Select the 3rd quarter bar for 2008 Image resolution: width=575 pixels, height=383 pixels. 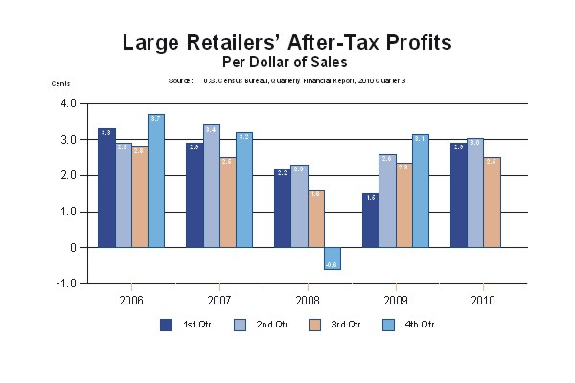point(315,218)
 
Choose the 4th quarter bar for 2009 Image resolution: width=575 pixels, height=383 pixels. point(421,191)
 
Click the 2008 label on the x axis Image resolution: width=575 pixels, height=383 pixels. point(307,300)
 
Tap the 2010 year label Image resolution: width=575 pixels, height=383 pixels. point(483,300)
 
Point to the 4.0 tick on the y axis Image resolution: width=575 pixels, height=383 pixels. point(68,103)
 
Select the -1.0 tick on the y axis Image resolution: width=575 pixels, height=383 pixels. point(67,283)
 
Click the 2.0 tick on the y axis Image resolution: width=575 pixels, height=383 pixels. point(68,175)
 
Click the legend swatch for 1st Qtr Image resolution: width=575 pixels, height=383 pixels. point(166,325)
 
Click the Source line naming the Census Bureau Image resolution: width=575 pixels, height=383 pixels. point(287,81)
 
